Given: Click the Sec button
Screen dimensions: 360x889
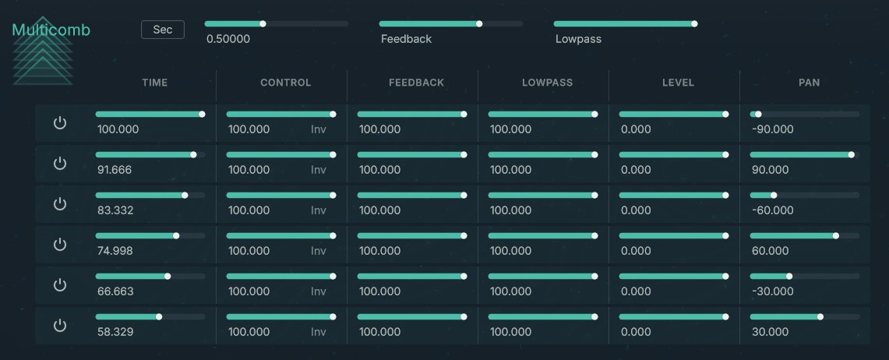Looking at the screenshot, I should click(162, 30).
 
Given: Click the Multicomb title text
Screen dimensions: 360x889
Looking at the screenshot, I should click(51, 30).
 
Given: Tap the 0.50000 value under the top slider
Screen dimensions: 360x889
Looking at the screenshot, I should click(228, 39).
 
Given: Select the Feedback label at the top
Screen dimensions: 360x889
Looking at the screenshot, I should click(406, 39).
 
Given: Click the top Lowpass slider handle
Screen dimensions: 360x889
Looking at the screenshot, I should click(694, 24).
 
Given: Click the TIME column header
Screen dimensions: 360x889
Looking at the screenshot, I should click(154, 83).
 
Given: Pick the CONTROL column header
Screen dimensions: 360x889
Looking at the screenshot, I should click(285, 83).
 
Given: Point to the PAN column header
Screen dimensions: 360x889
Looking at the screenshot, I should click(809, 83).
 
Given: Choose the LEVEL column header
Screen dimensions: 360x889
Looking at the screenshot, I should click(678, 83).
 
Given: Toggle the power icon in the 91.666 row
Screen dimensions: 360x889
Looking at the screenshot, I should click(60, 164).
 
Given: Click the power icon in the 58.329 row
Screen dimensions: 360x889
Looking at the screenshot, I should click(60, 326).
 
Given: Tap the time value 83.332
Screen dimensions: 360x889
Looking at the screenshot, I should click(115, 210).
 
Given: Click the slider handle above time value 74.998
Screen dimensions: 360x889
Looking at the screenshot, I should click(176, 235).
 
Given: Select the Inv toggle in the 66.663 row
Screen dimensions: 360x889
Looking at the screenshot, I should click(319, 291).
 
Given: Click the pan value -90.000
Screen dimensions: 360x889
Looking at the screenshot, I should click(773, 129).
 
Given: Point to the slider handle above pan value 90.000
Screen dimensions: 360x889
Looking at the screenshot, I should click(851, 155).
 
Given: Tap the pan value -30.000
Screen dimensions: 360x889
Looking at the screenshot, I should click(773, 291).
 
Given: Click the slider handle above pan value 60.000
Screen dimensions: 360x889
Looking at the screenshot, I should click(836, 235).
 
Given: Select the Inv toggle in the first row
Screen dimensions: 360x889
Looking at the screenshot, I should click(319, 129).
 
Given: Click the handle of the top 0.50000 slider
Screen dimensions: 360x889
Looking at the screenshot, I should click(263, 24).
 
